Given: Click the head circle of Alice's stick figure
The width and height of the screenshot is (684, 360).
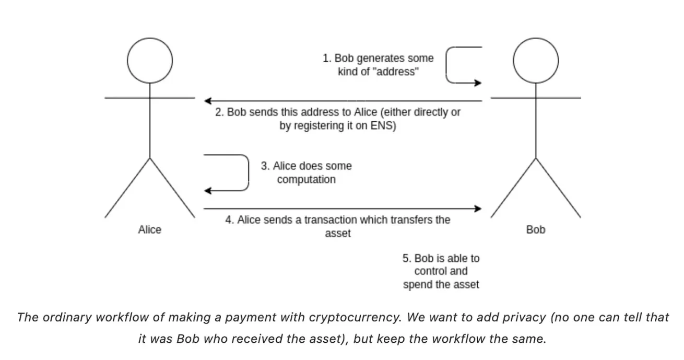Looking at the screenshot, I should pyautogui.click(x=150, y=61).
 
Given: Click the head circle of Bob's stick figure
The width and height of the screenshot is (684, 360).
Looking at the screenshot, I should pyautogui.click(x=535, y=61).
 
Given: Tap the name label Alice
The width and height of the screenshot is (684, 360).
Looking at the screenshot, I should pyautogui.click(x=150, y=229).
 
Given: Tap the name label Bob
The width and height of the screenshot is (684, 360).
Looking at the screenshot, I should pyautogui.click(x=536, y=229).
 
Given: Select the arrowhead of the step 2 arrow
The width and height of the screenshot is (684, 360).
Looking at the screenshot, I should pyautogui.click(x=208, y=100).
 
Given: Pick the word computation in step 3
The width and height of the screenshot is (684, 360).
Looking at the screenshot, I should pyautogui.click(x=306, y=180).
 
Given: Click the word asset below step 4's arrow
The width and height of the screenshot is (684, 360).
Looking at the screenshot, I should pyautogui.click(x=338, y=234).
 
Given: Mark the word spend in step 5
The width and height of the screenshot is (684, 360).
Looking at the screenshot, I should pyautogui.click(x=417, y=285).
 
